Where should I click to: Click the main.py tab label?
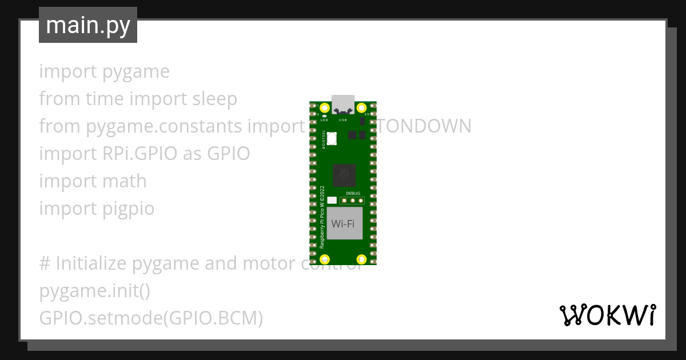(88, 25)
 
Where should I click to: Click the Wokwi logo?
(607, 315)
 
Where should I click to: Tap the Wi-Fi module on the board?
(343, 223)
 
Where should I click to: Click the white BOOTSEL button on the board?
(332, 138)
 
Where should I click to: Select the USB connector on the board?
(343, 103)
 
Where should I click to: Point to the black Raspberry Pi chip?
(344, 175)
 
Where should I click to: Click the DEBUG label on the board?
(353, 194)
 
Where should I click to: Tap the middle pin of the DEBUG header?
(353, 201)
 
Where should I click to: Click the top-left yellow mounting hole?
(325, 108)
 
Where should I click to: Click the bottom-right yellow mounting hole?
(361, 260)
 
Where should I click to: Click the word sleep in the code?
(214, 99)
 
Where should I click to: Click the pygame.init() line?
(94, 291)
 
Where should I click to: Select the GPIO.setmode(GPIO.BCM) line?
(151, 318)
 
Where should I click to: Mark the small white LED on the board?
(324, 115)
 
